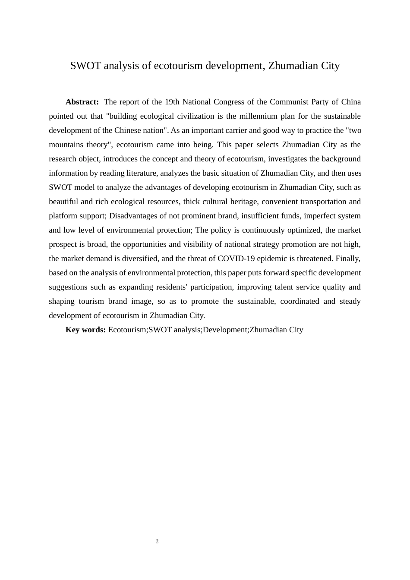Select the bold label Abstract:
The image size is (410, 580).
(82, 102)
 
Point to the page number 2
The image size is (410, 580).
(157, 542)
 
